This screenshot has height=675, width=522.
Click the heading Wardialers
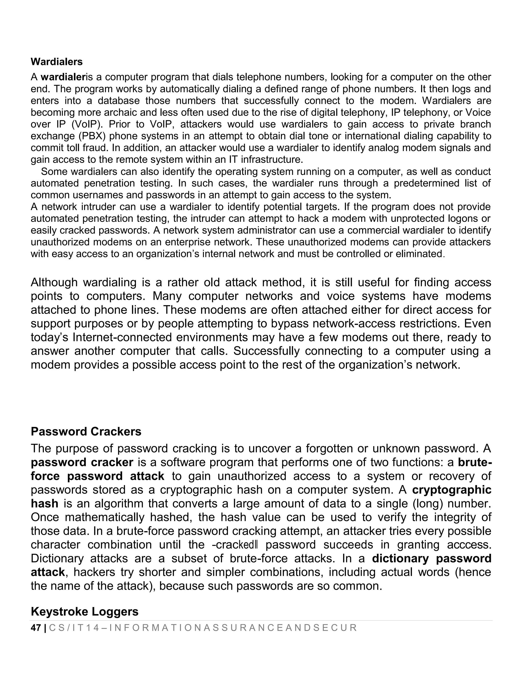pos(57,62)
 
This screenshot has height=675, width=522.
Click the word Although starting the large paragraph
pos(54,282)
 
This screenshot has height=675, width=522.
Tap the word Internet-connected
pos(122,337)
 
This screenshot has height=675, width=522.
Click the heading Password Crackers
pos(86,432)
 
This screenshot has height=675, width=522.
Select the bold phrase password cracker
pos(82,463)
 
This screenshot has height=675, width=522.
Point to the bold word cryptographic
pos(451,490)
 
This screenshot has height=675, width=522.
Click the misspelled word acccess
pos(469,545)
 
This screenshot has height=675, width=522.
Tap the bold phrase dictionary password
pos(432,559)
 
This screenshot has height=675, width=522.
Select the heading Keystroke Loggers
pos(84,612)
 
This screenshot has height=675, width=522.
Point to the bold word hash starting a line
pos(45,504)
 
